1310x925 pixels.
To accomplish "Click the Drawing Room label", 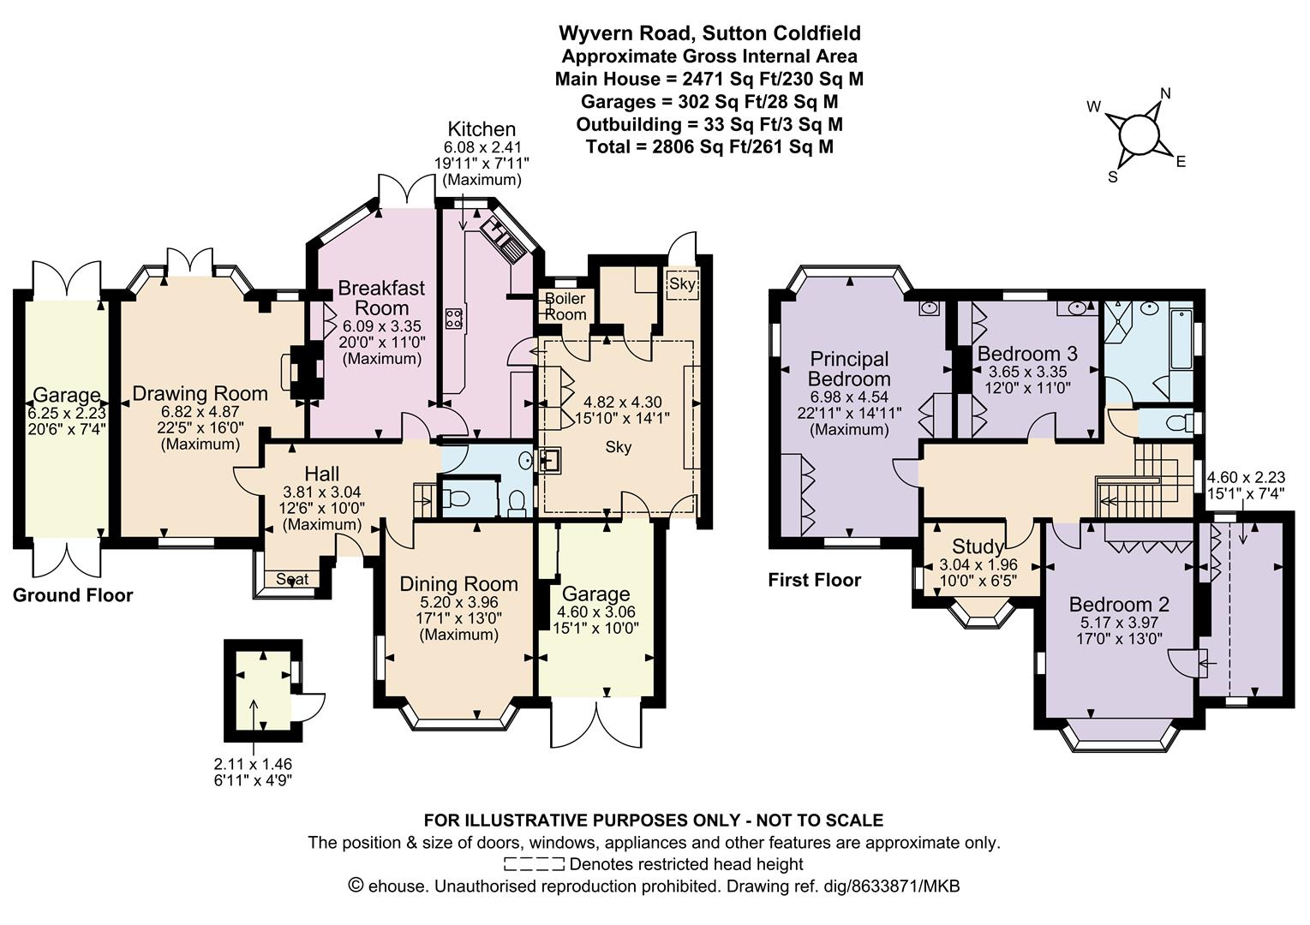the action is coord(200,394).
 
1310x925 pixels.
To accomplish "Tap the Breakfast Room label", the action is coord(382,297).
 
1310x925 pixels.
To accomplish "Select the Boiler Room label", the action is coord(565,307).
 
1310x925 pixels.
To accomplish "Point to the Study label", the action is coord(978,546).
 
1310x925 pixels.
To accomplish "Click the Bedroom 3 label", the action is coord(1027,354).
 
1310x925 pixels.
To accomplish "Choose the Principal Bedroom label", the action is coord(849,368).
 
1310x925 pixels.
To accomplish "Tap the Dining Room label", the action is coord(458,583).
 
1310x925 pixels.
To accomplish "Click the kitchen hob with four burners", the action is coord(454,318).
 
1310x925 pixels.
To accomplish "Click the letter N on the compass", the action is coord(1165,93).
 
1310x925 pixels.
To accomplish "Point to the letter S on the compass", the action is coord(1113,177).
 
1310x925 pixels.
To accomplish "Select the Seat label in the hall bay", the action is coord(292,579).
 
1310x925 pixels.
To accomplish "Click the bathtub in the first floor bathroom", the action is coord(1181,339).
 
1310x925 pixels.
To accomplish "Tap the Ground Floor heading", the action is coord(73,595).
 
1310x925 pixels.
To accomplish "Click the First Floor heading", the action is coord(815,580).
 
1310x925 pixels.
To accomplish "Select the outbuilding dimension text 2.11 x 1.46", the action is coord(254,764).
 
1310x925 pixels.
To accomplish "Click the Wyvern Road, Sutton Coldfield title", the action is coord(710,33).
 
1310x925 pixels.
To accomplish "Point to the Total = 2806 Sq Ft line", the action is coord(710,146).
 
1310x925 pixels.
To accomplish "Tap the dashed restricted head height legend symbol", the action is coord(534,863).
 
